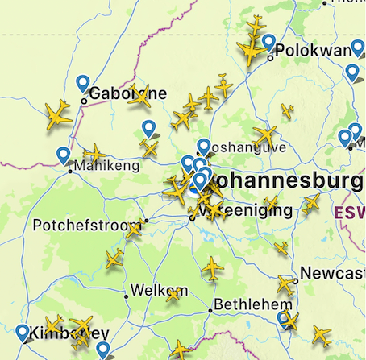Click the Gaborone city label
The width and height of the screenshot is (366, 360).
point(127,93)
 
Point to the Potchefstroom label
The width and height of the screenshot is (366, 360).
point(87,225)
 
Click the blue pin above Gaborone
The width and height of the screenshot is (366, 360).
point(82,83)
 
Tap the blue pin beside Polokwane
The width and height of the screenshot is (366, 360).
point(268,43)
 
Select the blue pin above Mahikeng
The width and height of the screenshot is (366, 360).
point(64,155)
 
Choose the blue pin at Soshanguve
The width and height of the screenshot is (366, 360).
point(204,145)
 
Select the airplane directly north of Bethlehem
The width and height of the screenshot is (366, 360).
point(212,267)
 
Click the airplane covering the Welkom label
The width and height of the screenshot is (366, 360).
point(173,294)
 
